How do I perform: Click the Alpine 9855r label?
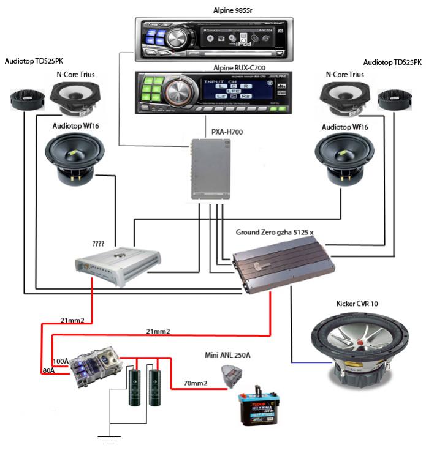[213, 10]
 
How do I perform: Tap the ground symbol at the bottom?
[110, 439]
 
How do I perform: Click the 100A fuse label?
[61, 361]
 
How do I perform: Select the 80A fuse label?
[50, 370]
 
